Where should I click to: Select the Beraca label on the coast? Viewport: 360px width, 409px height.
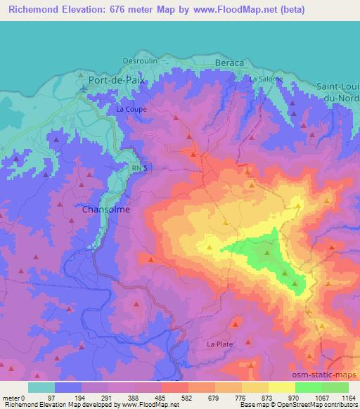(229, 63)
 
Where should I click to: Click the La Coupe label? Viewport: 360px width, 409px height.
(130, 109)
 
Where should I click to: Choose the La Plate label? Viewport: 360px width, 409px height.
(219, 344)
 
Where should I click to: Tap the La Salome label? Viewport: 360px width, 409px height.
(266, 79)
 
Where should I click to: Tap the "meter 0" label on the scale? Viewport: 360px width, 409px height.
(15, 397)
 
